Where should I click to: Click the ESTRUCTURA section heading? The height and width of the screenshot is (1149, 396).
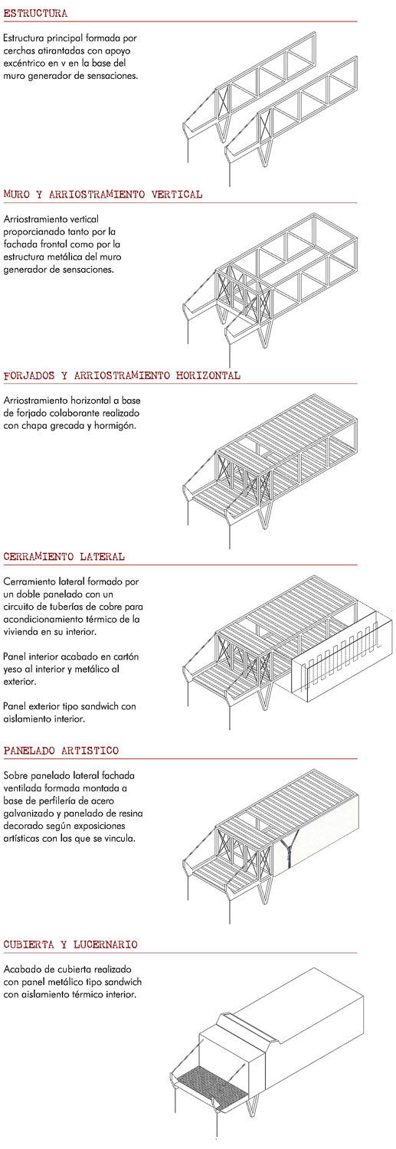35,14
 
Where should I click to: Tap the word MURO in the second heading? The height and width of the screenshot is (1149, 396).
16,195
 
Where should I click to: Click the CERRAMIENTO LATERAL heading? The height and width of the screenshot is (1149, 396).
64,557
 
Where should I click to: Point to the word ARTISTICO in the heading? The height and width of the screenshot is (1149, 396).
90,751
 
